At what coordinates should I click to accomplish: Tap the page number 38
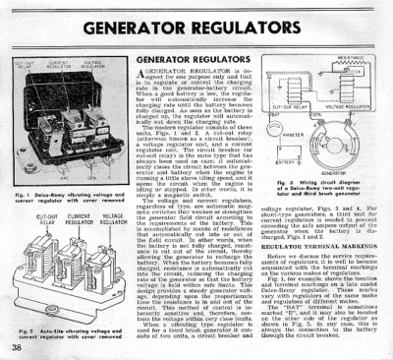pos(17,347)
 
